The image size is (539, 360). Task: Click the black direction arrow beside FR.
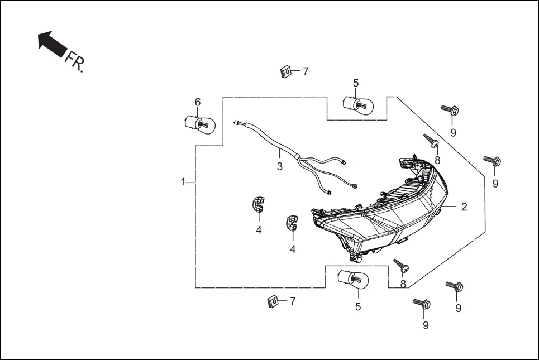[x=51, y=44]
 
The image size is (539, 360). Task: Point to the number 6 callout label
[x=197, y=102]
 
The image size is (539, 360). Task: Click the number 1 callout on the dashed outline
[x=183, y=182]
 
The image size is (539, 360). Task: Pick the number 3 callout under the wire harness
[x=280, y=166]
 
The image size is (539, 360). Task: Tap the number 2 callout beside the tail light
[x=464, y=207]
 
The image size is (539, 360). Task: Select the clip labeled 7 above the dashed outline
[x=285, y=72]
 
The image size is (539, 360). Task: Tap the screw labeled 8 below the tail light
[x=400, y=265]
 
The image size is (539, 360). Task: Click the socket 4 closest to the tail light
[x=292, y=222]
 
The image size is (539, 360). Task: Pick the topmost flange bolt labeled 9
[x=450, y=110]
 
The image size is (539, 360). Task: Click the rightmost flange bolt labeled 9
[x=493, y=161]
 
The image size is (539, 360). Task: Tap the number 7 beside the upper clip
[x=306, y=71]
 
